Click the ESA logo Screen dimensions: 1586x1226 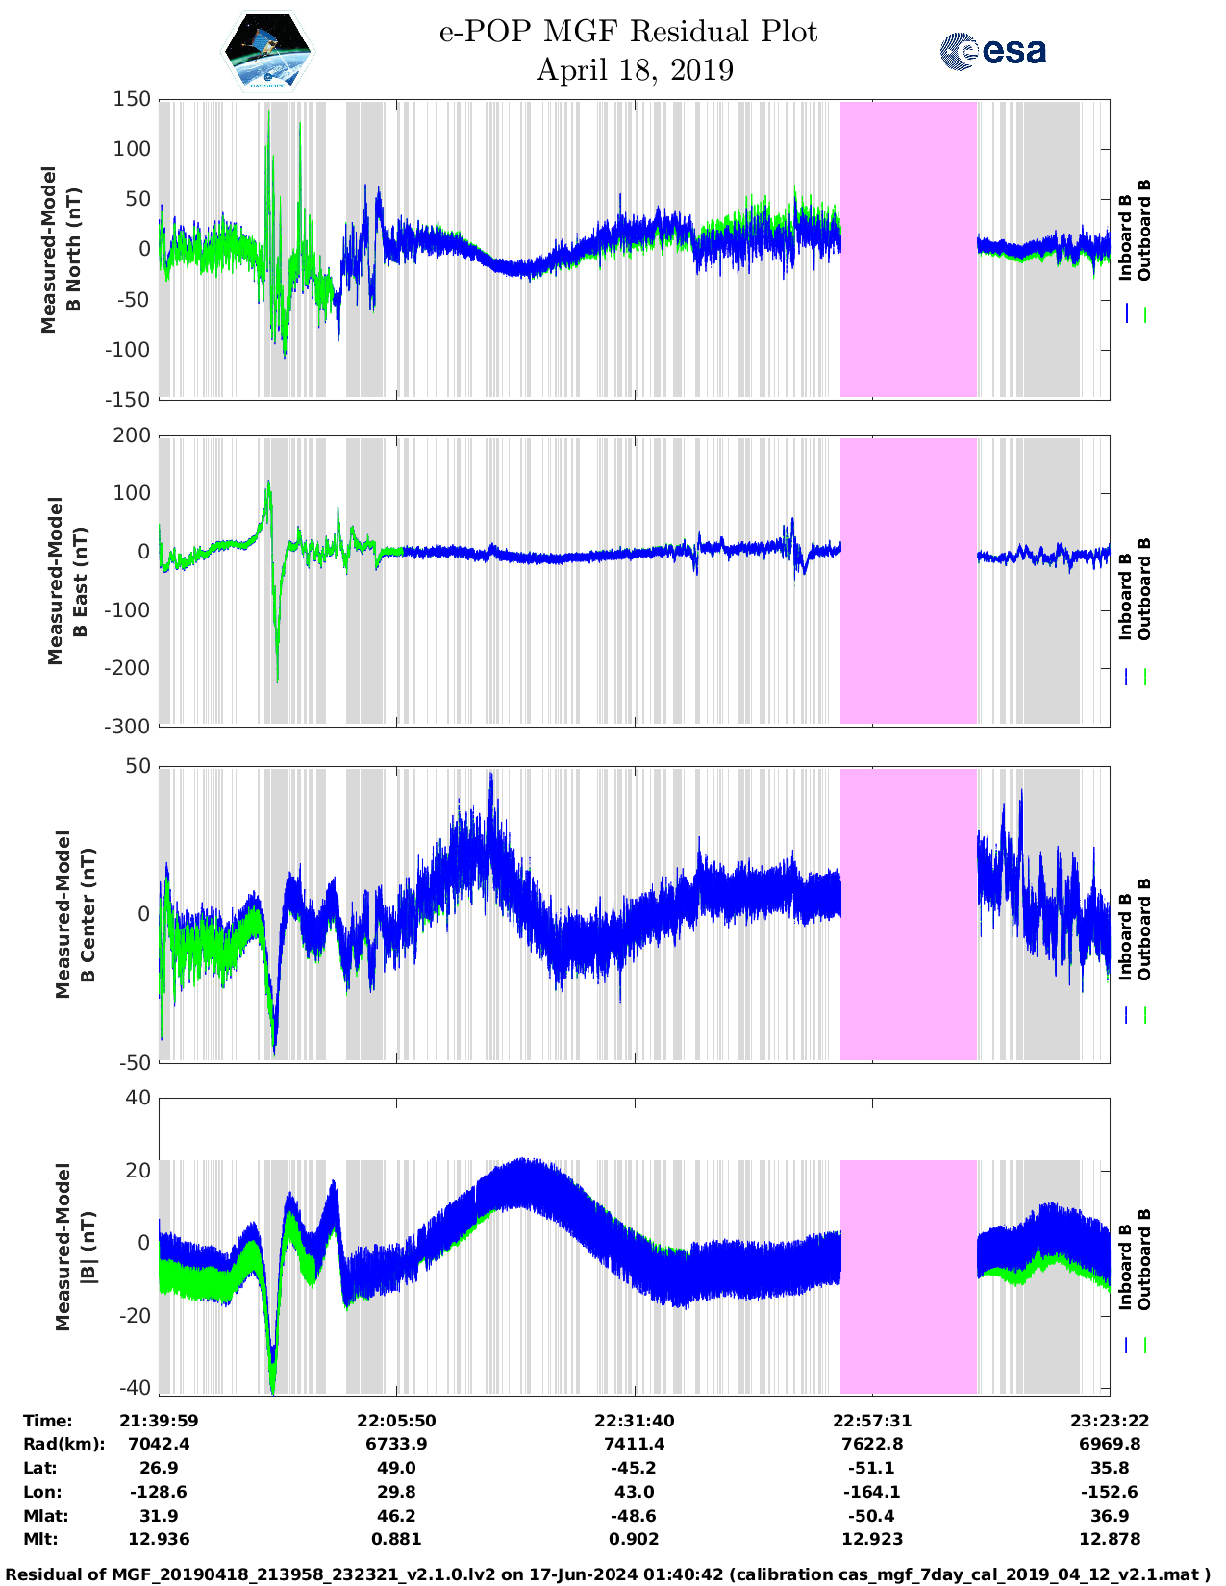point(992,51)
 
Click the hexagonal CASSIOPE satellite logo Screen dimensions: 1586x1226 point(268,52)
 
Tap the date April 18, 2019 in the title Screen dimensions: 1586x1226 point(635,70)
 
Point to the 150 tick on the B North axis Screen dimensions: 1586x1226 point(132,99)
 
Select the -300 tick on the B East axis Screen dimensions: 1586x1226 point(128,727)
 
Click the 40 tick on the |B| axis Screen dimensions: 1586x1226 point(138,1098)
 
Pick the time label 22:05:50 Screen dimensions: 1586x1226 point(396,1420)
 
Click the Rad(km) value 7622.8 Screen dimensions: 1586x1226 point(872,1444)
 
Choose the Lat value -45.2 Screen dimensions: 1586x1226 point(635,1468)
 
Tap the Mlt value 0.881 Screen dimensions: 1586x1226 point(396,1539)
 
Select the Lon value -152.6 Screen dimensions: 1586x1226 point(1110,1492)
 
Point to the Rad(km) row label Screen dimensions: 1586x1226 point(63,1444)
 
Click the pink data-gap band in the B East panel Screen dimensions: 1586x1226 point(909,581)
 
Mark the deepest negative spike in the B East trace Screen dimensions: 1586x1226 point(277,681)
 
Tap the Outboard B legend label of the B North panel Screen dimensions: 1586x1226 point(1144,230)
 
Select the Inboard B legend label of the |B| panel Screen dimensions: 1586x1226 point(1125,1266)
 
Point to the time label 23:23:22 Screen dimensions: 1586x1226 point(1110,1420)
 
